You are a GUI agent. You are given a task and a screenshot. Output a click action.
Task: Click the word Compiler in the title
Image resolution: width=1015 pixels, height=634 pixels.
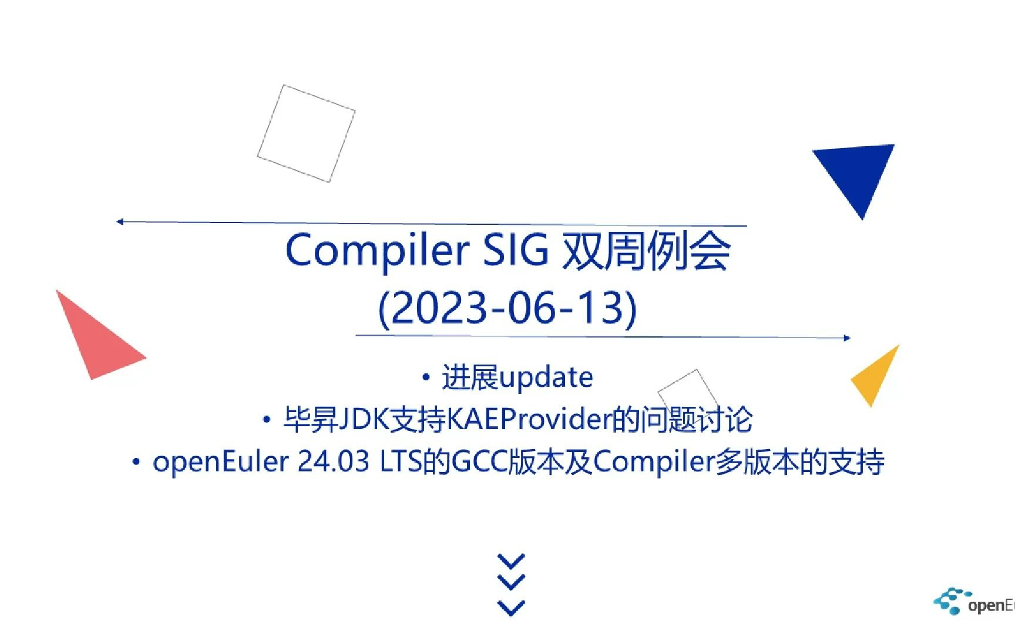[x=377, y=251]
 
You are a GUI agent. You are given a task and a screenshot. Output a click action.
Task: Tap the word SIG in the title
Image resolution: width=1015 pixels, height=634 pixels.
[x=515, y=250]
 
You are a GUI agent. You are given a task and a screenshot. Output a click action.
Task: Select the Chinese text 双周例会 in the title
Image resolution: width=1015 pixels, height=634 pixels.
[x=646, y=251]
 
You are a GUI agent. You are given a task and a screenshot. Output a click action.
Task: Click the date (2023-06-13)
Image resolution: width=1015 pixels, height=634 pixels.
[x=508, y=308]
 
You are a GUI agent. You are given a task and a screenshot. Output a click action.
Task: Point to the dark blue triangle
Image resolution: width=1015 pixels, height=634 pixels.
[x=857, y=174]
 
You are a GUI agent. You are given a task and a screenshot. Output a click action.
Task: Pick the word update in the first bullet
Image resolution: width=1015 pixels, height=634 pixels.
[x=546, y=378]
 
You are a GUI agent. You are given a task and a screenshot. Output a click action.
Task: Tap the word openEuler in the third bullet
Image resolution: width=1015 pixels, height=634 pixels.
[x=221, y=462]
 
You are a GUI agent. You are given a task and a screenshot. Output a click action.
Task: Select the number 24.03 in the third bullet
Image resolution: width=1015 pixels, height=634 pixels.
[x=334, y=462]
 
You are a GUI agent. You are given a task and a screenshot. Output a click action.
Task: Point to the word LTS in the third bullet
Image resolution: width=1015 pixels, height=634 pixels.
[x=401, y=462]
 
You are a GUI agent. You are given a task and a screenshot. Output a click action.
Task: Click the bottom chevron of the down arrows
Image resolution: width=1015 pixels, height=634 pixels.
[x=511, y=608]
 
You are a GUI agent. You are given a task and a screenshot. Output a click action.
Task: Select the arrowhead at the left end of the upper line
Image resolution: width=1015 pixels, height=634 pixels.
[x=120, y=221]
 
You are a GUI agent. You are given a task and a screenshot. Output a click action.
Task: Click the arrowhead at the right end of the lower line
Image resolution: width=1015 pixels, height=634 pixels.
[x=847, y=338]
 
